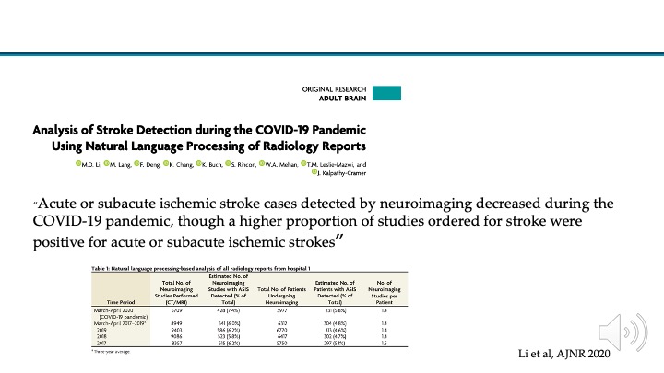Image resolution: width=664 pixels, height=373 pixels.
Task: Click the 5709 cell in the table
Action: pos(181,310)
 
